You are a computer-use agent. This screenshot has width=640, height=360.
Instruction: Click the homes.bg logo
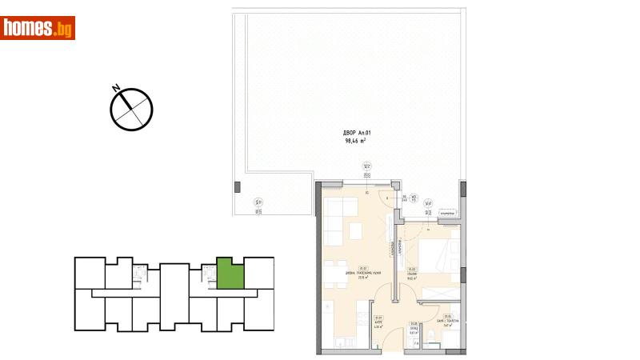pyautogui.click(x=38, y=28)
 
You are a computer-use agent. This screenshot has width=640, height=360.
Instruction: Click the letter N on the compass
pyautogui.click(x=117, y=88)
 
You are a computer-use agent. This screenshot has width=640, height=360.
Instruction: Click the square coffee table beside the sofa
pyautogui.click(x=357, y=232)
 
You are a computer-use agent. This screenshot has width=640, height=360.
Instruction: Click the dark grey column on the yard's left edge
pyautogui.click(x=237, y=187)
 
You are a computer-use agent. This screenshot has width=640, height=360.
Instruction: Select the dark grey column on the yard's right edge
pyautogui.click(x=465, y=187)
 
